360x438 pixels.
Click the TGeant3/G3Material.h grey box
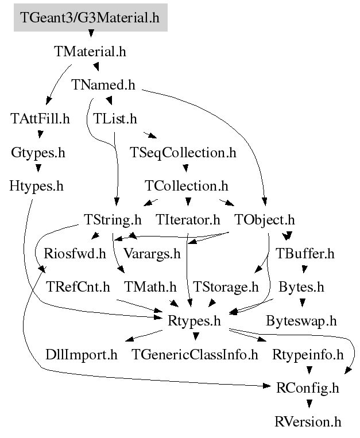click(90, 17)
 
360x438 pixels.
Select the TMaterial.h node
click(90, 51)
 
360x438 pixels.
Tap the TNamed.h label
click(103, 85)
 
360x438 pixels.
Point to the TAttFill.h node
click(40, 119)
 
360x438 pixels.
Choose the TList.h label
click(115, 119)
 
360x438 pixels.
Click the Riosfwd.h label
click(75, 253)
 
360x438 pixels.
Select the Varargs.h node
click(152, 253)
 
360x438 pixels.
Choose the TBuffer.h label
click(305, 253)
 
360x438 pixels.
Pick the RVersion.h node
click(308, 422)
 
